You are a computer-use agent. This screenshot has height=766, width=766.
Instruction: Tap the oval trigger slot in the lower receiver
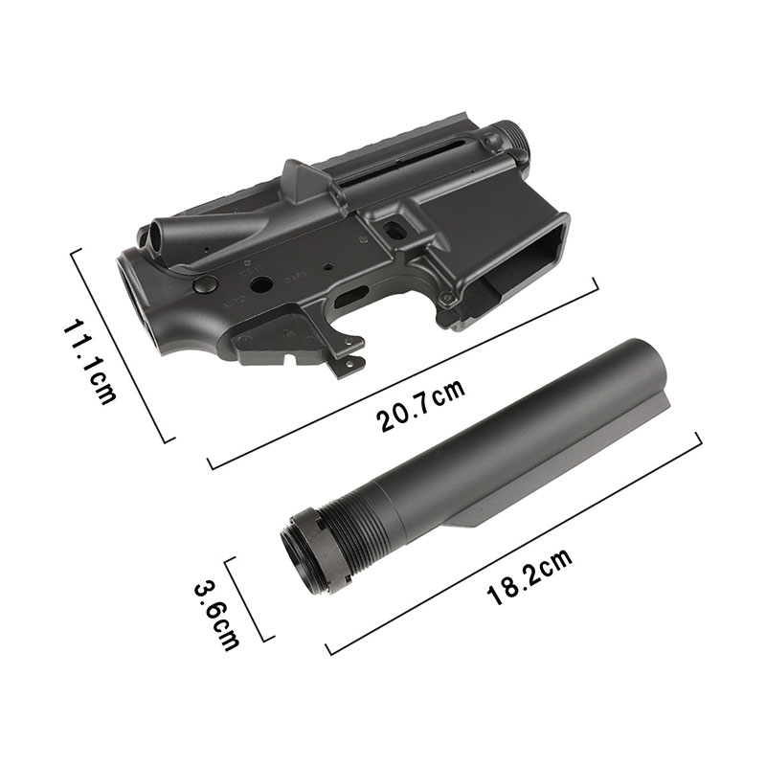point(355,291)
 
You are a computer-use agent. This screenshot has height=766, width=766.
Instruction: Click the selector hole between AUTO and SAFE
point(265,284)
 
